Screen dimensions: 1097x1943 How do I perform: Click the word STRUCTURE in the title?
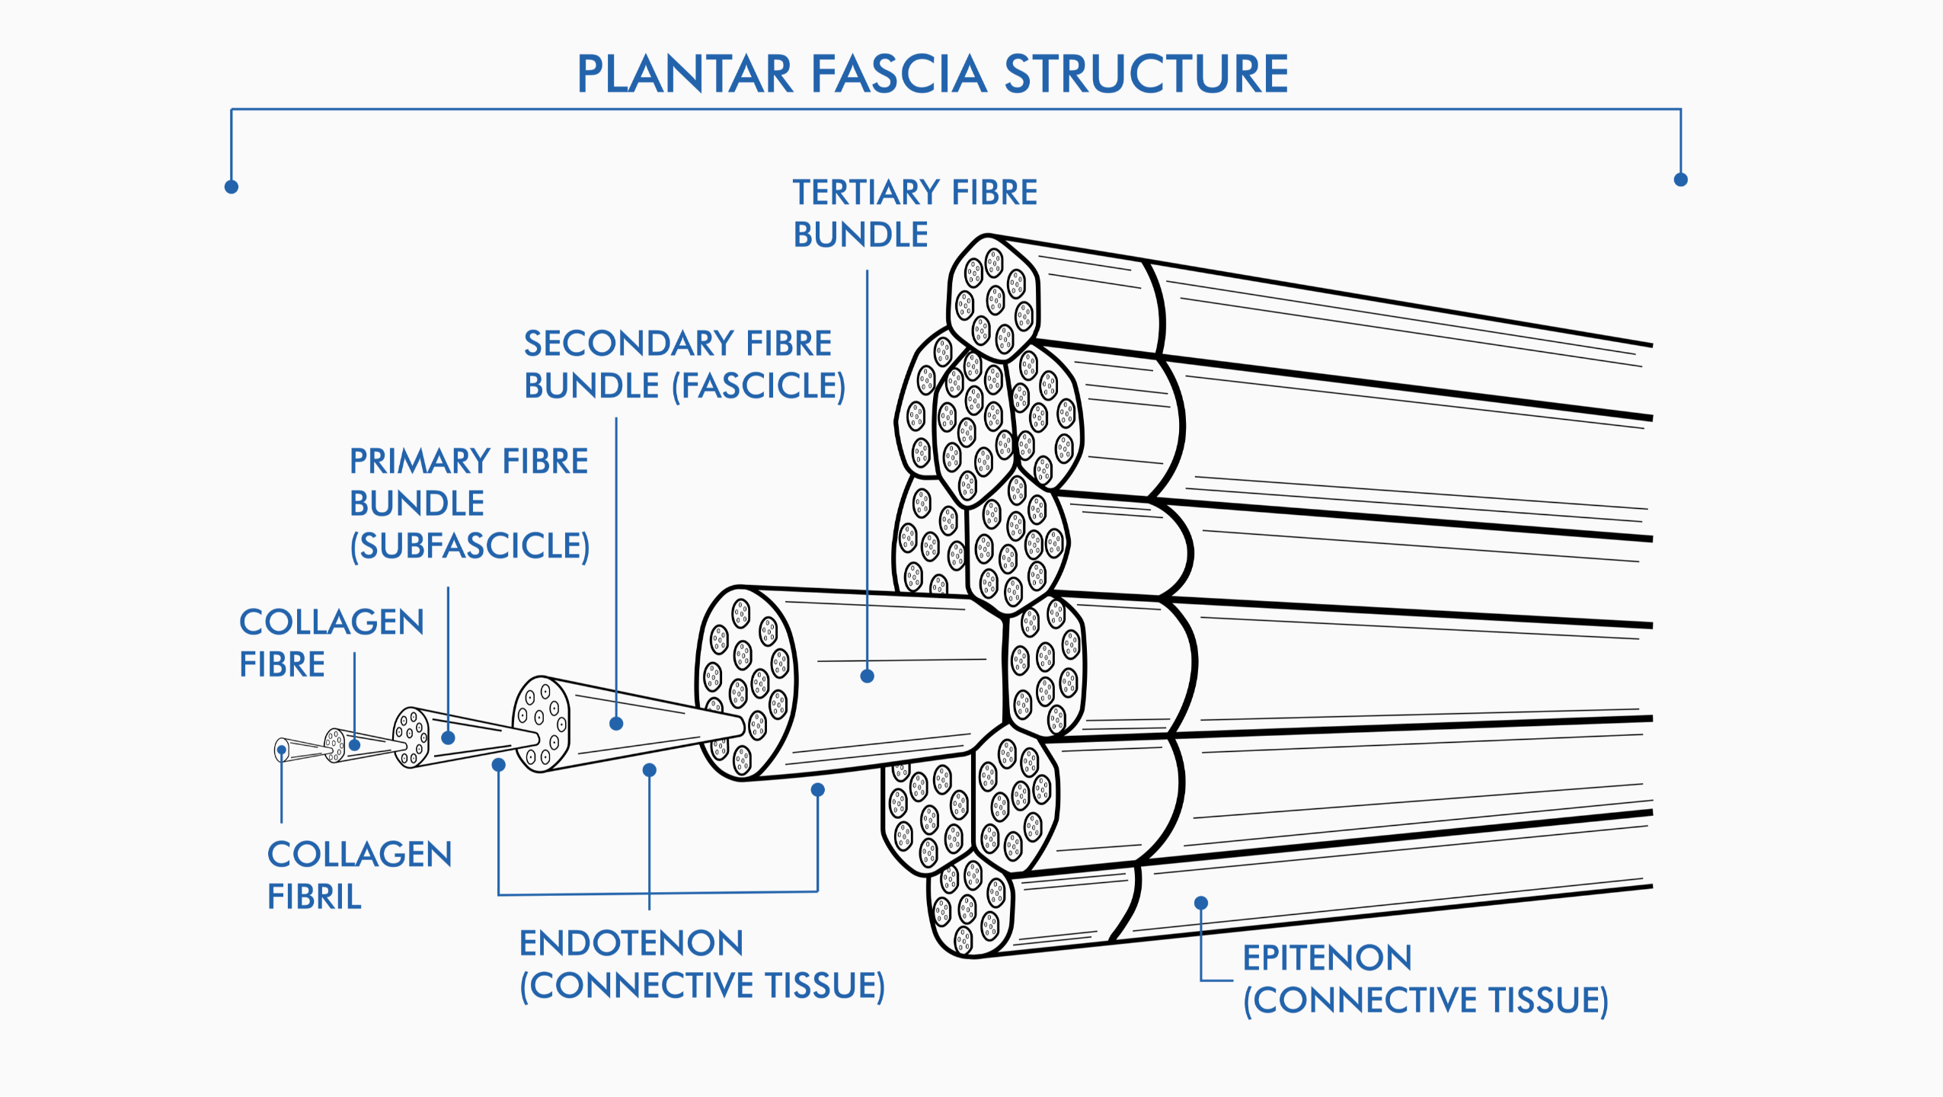1146,74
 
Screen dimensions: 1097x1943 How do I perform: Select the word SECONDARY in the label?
628,344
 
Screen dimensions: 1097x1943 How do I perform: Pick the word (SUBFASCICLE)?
470,545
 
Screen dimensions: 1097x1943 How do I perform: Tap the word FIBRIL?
314,897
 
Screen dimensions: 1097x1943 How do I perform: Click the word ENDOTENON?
631,943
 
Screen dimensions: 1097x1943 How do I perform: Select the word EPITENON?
1328,958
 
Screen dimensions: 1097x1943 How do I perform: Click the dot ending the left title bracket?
232,187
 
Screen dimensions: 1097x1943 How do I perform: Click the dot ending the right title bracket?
1681,180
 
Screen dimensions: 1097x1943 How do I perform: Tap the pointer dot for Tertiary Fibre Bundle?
867,676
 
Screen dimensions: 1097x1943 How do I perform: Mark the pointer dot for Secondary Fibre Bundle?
616,724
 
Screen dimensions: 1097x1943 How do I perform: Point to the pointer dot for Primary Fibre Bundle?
449,737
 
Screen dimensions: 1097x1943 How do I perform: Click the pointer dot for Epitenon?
1201,903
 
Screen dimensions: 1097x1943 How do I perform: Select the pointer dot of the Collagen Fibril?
282,750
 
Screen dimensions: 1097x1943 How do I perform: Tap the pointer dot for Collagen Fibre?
354,744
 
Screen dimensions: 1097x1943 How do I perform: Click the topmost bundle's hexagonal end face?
993,298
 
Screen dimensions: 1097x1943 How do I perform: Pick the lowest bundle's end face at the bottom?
970,907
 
